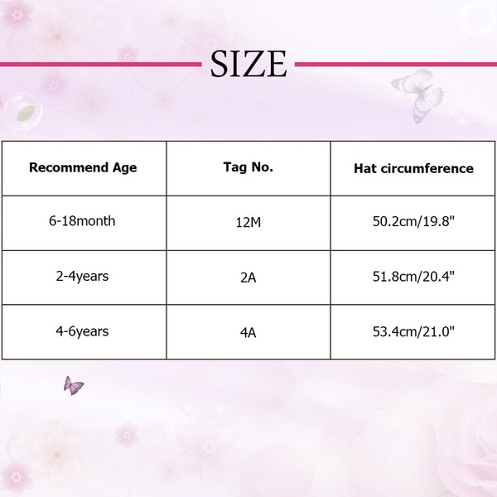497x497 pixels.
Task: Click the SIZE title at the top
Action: (x=248, y=64)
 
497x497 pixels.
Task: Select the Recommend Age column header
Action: (x=83, y=167)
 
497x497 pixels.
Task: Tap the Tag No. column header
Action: (x=248, y=167)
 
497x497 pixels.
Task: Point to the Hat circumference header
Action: (x=413, y=168)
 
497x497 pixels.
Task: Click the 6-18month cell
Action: (x=82, y=221)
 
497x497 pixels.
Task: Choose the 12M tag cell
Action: (x=248, y=222)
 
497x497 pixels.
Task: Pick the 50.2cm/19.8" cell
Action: (x=413, y=221)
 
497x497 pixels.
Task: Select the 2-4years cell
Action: (x=82, y=277)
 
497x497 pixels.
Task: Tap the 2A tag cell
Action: (x=248, y=277)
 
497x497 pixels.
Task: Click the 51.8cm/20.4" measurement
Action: (x=413, y=277)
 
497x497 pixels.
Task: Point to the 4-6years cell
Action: (x=82, y=331)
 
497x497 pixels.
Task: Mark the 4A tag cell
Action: (x=248, y=333)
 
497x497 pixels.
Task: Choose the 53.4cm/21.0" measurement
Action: (x=413, y=331)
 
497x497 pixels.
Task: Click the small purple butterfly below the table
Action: (x=73, y=386)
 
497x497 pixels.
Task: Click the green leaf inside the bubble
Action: (x=26, y=113)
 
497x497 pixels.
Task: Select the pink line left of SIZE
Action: (x=101, y=65)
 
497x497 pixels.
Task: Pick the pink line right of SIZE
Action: (x=396, y=65)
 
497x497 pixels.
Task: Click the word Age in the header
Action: (x=124, y=168)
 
